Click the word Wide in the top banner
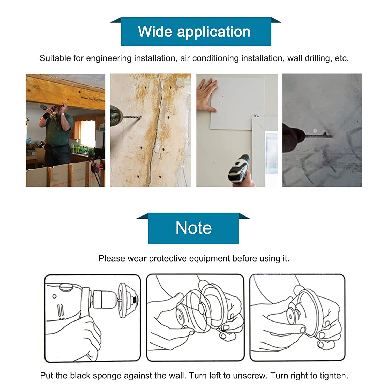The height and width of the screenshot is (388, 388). [155, 32]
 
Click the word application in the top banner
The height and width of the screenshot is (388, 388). [214, 32]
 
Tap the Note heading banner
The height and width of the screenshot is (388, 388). [193, 228]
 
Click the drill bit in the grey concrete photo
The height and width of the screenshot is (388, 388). [317, 135]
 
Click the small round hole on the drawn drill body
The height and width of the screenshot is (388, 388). [54, 296]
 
